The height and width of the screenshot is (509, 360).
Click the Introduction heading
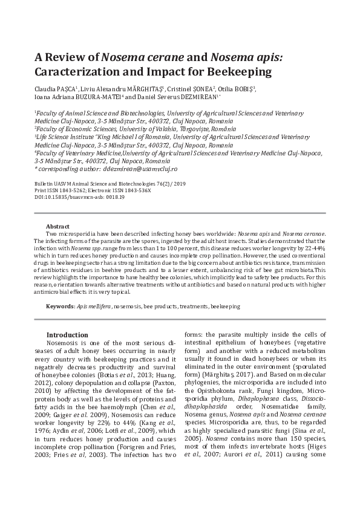[x=67, y=334]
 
